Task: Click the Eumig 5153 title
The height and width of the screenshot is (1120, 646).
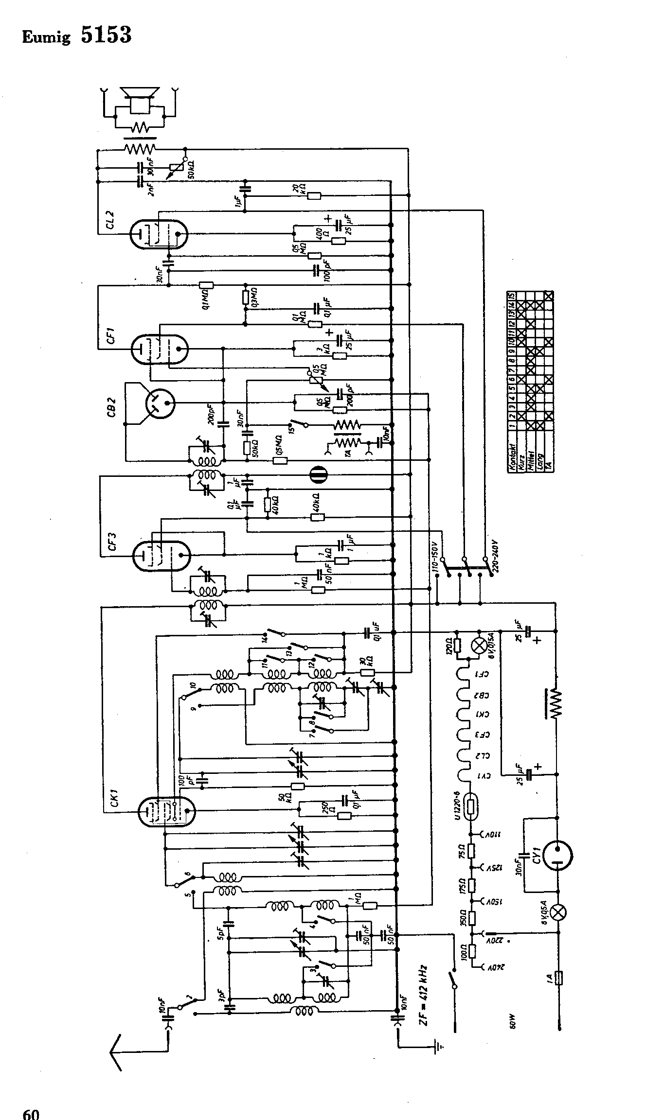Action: [x=77, y=35]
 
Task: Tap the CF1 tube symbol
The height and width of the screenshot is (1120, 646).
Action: [x=160, y=349]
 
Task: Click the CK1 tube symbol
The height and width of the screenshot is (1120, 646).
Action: [x=166, y=810]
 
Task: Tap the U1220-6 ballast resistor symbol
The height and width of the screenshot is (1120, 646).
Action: [x=471, y=807]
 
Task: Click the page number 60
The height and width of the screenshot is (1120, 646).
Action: [x=31, y=1111]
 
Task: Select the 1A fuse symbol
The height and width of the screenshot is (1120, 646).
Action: [x=558, y=978]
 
